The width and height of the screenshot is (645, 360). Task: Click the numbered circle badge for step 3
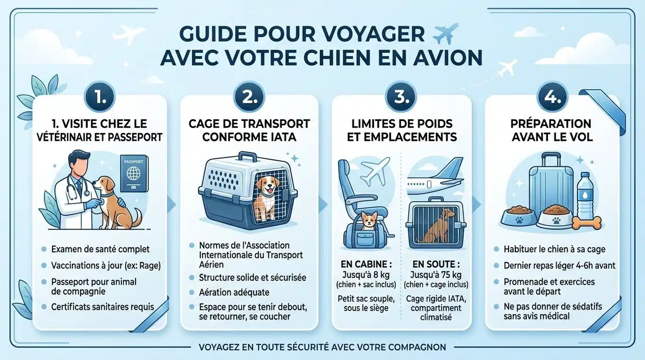[401, 97]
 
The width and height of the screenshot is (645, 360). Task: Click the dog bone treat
[588, 222]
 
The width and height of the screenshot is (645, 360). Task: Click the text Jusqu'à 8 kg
[365, 274]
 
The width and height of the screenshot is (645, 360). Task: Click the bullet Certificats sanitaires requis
[102, 307]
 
